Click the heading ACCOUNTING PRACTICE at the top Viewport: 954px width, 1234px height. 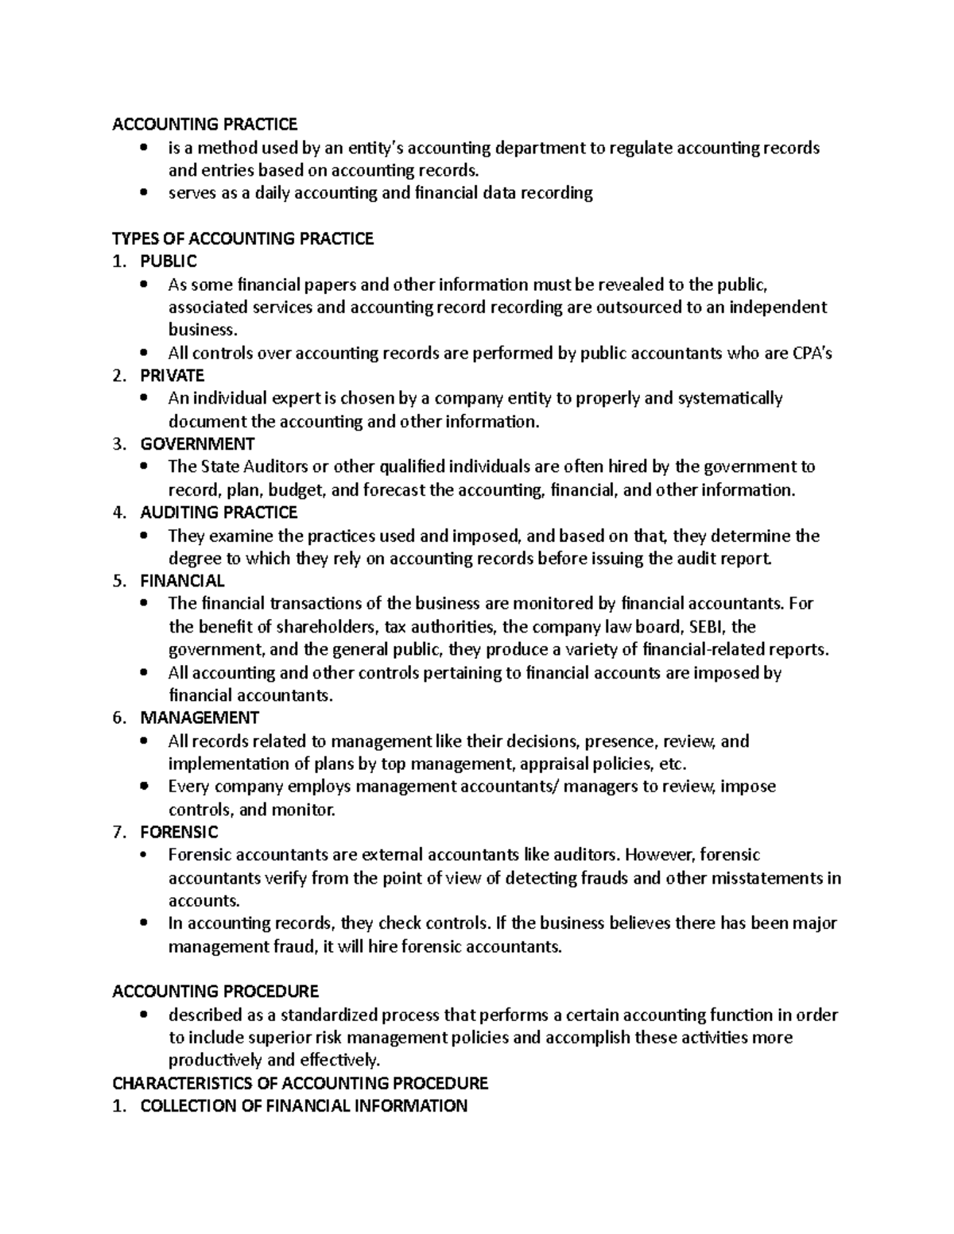[204, 124]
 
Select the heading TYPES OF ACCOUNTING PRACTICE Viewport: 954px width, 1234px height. [242, 238]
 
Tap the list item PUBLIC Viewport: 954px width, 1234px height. [168, 261]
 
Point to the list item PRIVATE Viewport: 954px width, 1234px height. [172, 375]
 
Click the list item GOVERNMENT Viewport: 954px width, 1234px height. [197, 443]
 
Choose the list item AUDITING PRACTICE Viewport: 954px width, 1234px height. [219, 513]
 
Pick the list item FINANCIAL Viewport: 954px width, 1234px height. [182, 581]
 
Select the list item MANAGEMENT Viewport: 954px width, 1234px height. [200, 718]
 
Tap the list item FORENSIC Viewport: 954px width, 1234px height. [179, 832]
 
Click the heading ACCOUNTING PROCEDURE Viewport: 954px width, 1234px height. [215, 992]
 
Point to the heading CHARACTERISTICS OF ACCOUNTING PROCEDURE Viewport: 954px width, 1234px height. [300, 1083]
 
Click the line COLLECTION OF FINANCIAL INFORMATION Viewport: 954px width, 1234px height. [304, 1106]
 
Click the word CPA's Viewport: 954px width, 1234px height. [812, 354]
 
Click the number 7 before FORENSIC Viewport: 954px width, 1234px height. [118, 832]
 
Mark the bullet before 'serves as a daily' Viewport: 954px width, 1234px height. [143, 192]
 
